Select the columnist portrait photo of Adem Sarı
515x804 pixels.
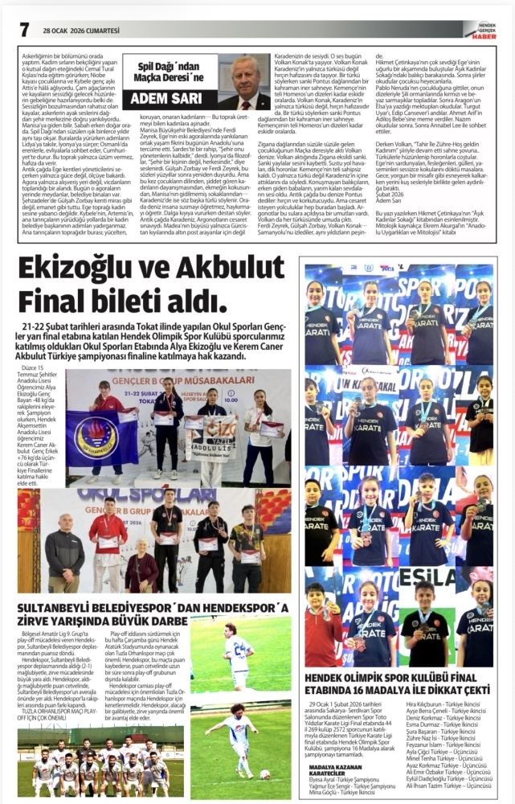pos(243,82)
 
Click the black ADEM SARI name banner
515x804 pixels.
pos(169,100)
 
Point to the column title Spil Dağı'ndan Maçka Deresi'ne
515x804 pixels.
pos(169,76)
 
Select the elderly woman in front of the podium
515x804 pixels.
pos(141,566)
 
